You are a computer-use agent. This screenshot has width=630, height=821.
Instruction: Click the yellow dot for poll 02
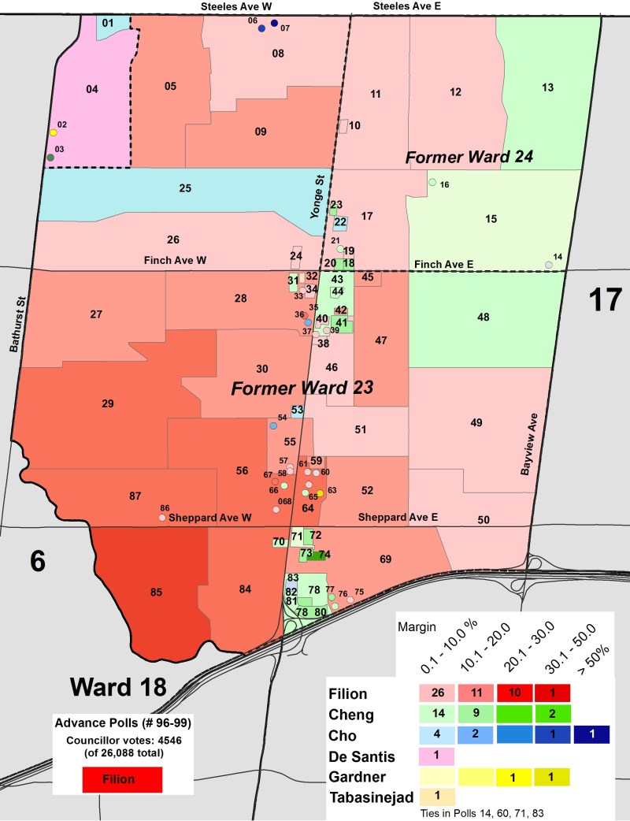click(54, 133)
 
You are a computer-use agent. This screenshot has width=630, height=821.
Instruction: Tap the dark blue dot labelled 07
click(274, 23)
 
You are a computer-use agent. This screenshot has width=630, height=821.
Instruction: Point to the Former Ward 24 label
click(469, 158)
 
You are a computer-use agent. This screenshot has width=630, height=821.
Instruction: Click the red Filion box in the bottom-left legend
click(121, 779)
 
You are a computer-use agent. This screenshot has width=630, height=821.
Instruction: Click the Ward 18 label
click(118, 685)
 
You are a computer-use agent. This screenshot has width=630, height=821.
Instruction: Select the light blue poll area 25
click(185, 189)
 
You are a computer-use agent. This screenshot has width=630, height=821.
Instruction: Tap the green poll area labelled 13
click(548, 87)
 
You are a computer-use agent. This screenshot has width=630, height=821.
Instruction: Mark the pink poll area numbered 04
click(91, 90)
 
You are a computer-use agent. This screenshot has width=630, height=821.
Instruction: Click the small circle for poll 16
click(432, 183)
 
